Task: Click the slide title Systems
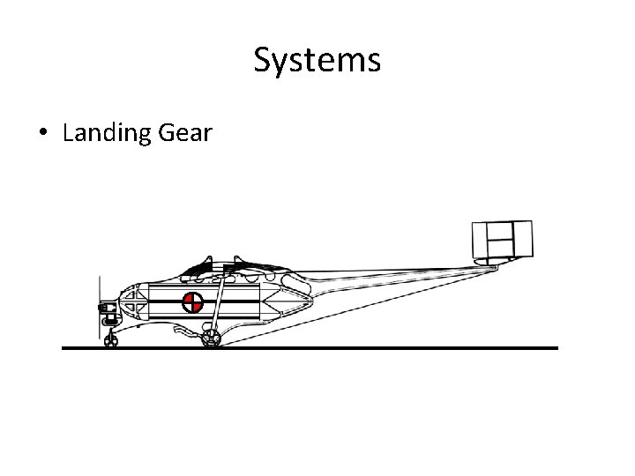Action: pos(317,60)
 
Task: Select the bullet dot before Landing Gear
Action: pos(42,134)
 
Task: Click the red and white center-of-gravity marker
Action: pos(192,303)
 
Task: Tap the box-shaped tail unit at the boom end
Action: pos(502,237)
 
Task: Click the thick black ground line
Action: pos(353,348)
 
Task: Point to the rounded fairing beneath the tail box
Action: pos(499,260)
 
